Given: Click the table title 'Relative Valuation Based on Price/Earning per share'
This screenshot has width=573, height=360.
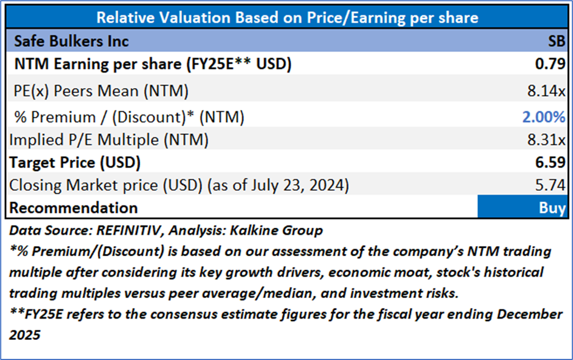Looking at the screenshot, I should pyautogui.click(x=287, y=17).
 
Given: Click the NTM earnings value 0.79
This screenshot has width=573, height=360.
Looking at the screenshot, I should pyautogui.click(x=553, y=64).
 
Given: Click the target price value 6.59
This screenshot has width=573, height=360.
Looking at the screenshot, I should pyautogui.click(x=553, y=162).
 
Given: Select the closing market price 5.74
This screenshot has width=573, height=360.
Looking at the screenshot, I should pyautogui.click(x=553, y=185).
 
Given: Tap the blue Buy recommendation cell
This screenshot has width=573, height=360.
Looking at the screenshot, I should pyautogui.click(x=522, y=208).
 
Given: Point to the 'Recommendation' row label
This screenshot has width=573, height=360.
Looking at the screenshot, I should pyautogui.click(x=74, y=208).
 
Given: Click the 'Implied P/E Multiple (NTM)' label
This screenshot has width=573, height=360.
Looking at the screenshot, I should pyautogui.click(x=109, y=140).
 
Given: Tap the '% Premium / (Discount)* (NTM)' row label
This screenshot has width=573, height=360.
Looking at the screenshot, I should pyautogui.click(x=130, y=117).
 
